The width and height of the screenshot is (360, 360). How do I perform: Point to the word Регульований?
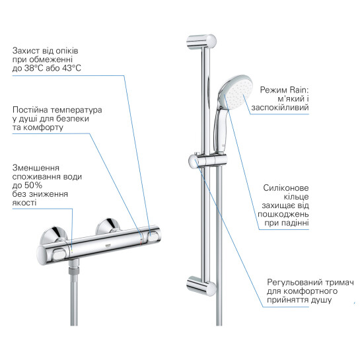(295, 282)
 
